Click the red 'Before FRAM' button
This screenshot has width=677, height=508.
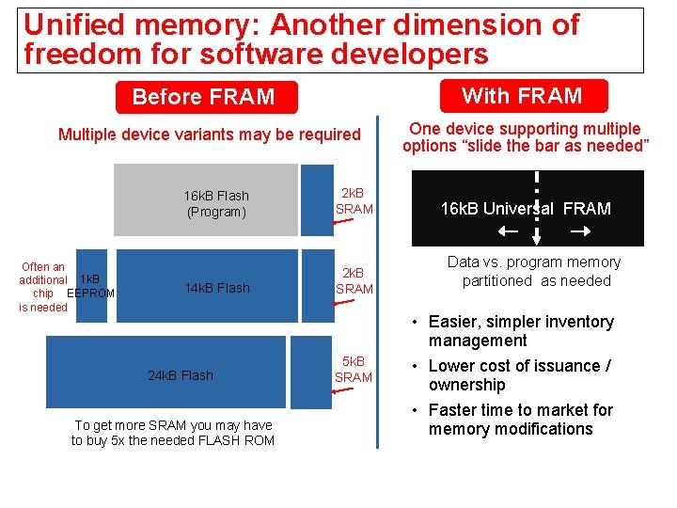tap(204, 97)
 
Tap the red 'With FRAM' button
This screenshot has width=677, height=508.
tap(522, 95)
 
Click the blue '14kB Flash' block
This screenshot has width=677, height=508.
tap(217, 288)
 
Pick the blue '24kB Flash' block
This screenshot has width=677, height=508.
tap(181, 375)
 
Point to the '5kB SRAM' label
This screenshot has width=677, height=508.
tap(354, 369)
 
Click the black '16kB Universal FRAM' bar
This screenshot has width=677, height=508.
tap(526, 208)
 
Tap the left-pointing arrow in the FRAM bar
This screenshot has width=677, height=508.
tap(508, 231)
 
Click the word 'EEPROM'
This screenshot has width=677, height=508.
tap(93, 294)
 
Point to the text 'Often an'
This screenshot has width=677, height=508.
tap(43, 267)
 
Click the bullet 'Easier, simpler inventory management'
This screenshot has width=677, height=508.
tap(520, 331)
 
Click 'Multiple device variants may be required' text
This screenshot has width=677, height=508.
tap(210, 135)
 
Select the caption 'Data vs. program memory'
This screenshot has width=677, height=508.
tap(533, 262)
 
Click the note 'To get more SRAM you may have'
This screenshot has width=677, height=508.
tap(173, 425)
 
